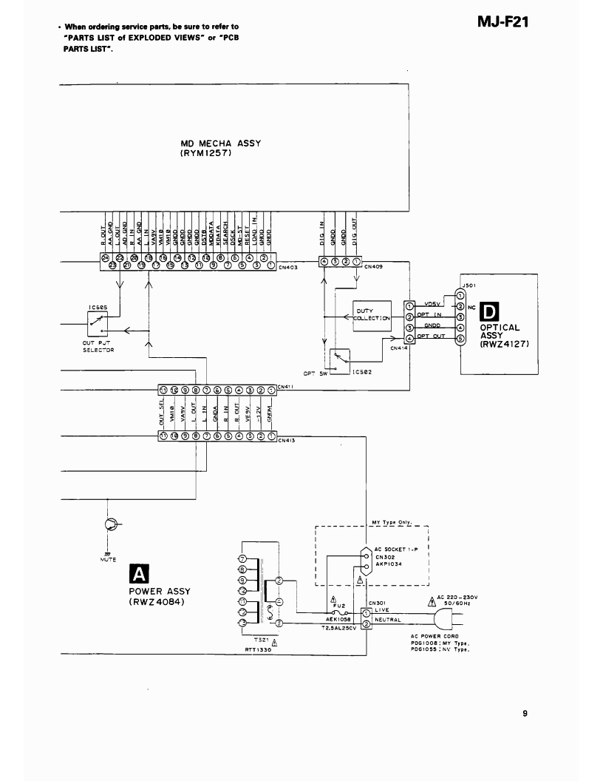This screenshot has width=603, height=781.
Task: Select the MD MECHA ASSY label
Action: (221, 144)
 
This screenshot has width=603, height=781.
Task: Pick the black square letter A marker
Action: (138, 574)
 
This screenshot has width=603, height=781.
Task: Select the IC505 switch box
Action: (97, 320)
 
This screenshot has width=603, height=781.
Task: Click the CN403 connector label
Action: (288, 268)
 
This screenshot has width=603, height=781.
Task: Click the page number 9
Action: (525, 714)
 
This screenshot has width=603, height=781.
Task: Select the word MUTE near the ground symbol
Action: (109, 560)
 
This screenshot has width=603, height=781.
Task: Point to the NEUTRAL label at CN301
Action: (387, 620)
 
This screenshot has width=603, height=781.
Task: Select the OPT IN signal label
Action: (429, 314)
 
